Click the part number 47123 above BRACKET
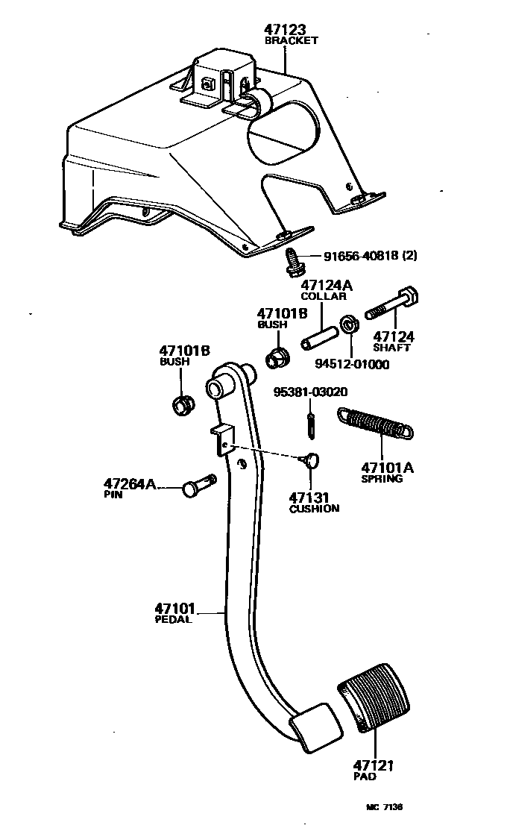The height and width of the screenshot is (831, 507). click(286, 30)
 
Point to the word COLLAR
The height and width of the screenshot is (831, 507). click(323, 296)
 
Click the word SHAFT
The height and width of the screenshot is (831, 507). click(392, 347)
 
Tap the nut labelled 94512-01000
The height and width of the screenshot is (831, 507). click(347, 325)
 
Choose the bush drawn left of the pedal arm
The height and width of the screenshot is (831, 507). click(181, 406)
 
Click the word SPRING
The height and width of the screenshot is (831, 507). click(382, 479)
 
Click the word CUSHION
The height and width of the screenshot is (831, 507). click(314, 509)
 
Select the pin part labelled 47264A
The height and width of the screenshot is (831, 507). click(197, 486)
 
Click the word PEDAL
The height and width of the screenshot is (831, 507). click(173, 619)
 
